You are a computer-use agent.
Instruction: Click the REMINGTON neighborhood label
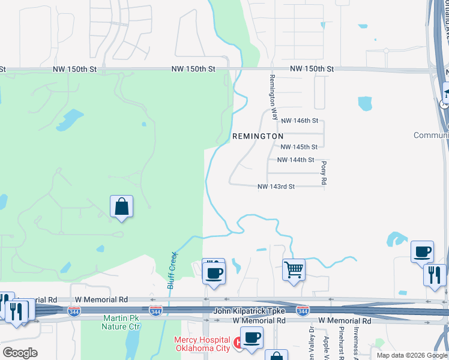[x=258, y=136]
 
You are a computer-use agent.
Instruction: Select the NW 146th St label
[x=299, y=121]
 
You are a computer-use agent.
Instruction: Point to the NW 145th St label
[x=299, y=147]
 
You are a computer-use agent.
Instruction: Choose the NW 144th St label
[x=296, y=160]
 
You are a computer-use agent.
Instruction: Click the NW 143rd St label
[x=276, y=187]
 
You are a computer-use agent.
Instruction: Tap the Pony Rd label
[x=324, y=172]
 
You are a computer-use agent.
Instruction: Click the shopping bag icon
[x=121, y=207]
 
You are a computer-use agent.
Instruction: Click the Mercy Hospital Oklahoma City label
[x=202, y=344]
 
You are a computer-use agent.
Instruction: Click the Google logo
[x=20, y=353]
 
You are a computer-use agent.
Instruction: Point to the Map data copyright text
[x=412, y=355]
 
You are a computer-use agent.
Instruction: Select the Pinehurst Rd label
[x=340, y=343]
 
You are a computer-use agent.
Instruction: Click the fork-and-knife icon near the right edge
[x=435, y=275]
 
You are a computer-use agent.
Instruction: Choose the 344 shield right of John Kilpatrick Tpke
[x=303, y=310]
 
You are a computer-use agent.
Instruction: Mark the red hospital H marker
[x=238, y=343]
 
